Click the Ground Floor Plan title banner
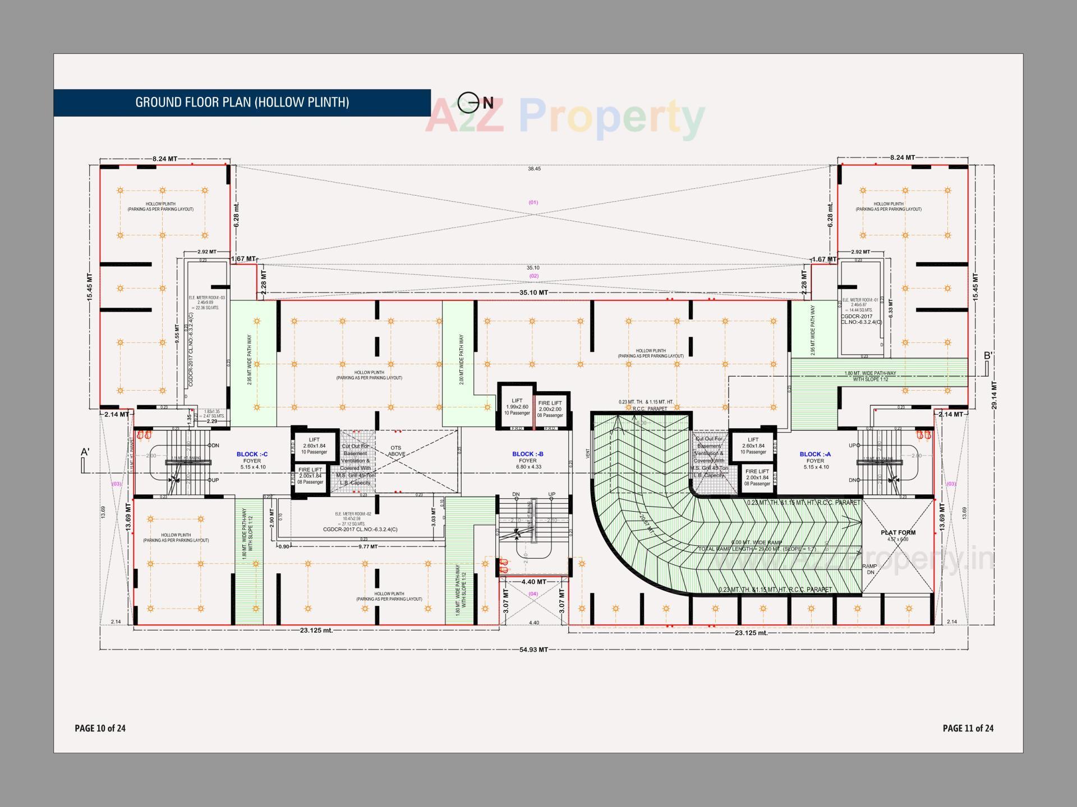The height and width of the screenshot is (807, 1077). (242, 103)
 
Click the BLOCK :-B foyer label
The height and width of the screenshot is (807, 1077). (528, 454)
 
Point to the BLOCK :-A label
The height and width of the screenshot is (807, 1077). (815, 454)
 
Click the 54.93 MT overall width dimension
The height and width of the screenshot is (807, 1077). (533, 650)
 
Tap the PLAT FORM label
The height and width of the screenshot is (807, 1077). (897, 532)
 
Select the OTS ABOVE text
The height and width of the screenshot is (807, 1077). (396, 451)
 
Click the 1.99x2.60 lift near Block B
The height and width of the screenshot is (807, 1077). (517, 406)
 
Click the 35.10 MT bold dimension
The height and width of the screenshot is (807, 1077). (533, 293)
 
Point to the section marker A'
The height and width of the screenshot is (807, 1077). (85, 452)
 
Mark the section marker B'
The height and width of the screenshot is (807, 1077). (988, 356)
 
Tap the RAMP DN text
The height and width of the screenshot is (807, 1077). (869, 569)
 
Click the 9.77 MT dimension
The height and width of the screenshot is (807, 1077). (368, 546)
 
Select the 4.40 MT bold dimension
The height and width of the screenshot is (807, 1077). (533, 582)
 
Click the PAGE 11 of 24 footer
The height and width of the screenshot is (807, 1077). (968, 728)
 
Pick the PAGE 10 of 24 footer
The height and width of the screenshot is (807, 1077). (100, 728)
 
